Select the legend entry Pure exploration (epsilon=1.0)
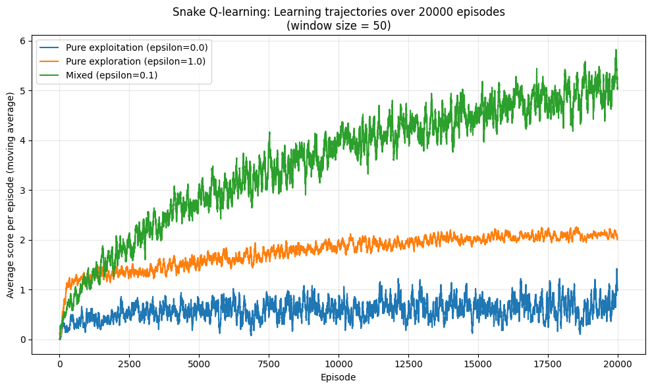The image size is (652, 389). click(x=136, y=61)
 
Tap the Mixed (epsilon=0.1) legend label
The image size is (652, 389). click(x=111, y=75)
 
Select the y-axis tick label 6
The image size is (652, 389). click(x=23, y=41)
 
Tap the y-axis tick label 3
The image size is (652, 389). click(x=23, y=191)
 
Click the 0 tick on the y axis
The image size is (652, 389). click(x=23, y=340)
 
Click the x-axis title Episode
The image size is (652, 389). click(x=339, y=378)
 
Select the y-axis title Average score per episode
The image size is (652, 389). click(x=11, y=195)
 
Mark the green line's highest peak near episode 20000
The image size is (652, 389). click(x=616, y=50)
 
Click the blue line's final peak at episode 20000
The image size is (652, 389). click(x=617, y=270)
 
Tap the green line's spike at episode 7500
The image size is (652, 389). click(x=269, y=133)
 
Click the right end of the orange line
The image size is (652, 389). click(x=618, y=238)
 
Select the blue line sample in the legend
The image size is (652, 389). click(x=50, y=48)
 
